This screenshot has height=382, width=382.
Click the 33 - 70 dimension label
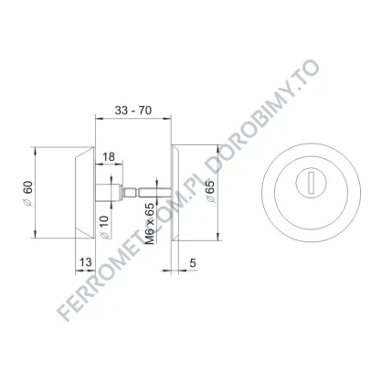tap(133, 111)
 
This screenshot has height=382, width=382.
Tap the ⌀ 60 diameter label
tap(27, 194)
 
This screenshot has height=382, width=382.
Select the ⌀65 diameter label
tap(210, 191)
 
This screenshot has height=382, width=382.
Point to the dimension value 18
tap(109, 156)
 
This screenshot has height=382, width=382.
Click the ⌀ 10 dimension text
tap(104, 228)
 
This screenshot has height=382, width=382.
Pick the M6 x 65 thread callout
tap(150, 224)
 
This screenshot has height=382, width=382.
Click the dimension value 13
tap(86, 261)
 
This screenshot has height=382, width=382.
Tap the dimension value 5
tap(193, 262)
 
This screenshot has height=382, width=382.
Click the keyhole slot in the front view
tap(311, 183)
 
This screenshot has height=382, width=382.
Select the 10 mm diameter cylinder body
tap(109, 193)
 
